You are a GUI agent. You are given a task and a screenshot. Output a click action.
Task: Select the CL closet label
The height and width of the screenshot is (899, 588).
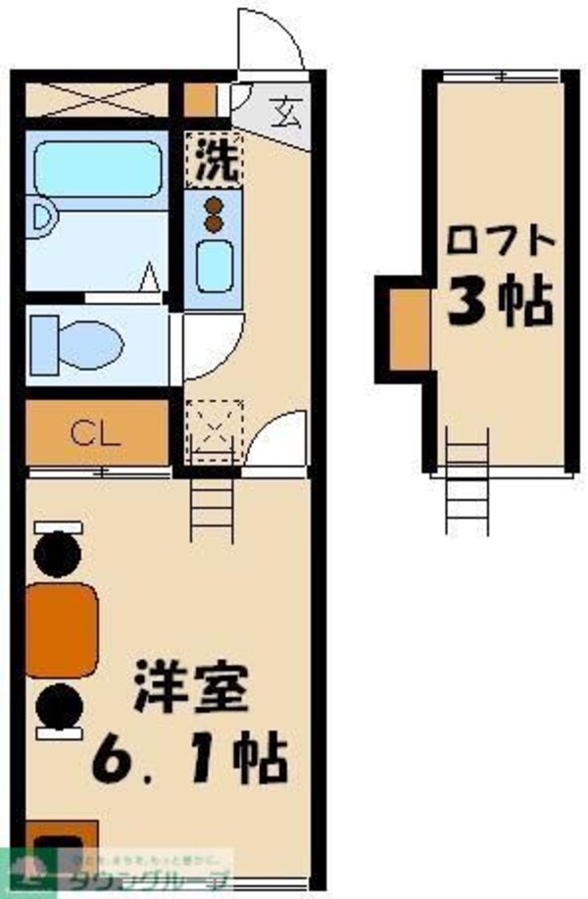94,432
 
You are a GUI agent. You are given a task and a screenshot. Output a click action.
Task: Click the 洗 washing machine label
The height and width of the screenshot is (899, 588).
215,159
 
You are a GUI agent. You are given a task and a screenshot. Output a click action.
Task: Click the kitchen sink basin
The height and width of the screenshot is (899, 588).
213,262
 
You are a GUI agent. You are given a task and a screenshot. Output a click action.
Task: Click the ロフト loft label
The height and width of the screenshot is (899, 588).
500,238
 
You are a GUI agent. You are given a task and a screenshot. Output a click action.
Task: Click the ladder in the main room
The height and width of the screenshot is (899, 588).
212,509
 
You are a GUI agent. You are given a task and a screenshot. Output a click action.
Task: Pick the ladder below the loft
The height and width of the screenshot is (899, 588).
465,480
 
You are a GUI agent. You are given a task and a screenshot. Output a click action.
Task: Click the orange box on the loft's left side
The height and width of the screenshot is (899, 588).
408,324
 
